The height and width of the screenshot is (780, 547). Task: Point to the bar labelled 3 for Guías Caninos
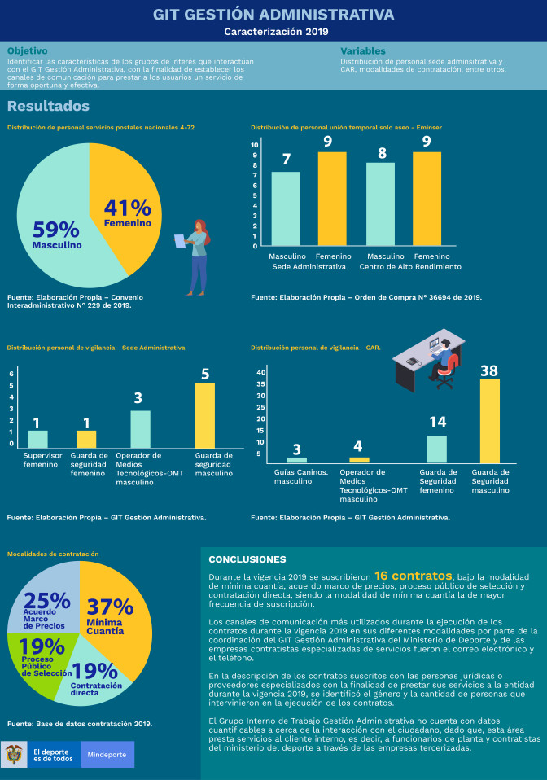[x=297, y=460]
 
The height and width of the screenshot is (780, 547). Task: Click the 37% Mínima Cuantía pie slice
[x=114, y=619]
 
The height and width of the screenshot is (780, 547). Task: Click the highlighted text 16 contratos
[x=410, y=575]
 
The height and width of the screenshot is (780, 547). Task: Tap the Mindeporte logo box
[x=107, y=755]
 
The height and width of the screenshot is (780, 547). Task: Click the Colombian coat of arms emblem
[x=15, y=755]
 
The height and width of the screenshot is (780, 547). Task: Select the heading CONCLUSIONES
[x=247, y=559]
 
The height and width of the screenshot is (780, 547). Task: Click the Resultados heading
[x=48, y=107]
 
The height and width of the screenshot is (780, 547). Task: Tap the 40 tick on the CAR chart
[x=261, y=372]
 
